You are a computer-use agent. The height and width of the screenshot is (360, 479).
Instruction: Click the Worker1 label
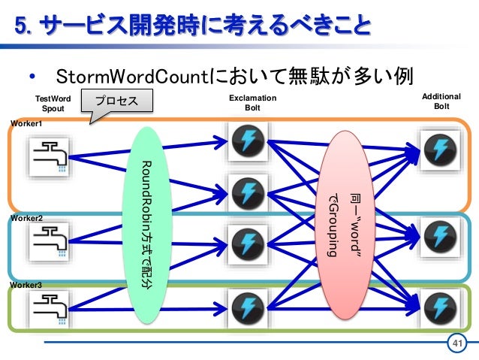(26, 123)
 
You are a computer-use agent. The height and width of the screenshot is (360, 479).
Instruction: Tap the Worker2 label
(26, 218)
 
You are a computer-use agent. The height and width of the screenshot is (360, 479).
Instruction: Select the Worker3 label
(26, 285)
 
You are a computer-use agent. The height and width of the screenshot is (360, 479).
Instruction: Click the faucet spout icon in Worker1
(49, 157)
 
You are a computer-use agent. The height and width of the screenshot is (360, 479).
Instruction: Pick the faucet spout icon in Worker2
(49, 241)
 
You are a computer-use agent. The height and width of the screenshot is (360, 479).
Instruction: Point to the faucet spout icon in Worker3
(49, 308)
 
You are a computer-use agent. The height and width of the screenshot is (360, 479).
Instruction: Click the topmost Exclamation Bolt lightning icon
(248, 141)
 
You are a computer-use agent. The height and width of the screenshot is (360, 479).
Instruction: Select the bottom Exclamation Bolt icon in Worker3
(248, 308)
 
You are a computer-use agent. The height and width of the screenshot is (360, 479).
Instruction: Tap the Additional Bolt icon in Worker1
(440, 150)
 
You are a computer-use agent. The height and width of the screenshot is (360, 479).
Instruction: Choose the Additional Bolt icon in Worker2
(440, 237)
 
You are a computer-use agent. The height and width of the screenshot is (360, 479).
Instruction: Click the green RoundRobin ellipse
(147, 225)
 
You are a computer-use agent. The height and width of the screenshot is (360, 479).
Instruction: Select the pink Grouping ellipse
(345, 225)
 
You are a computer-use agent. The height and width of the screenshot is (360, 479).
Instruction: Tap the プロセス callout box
(117, 101)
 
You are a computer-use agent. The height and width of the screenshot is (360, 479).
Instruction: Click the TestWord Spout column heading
(53, 104)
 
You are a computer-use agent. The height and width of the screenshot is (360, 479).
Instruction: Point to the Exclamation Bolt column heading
(252, 103)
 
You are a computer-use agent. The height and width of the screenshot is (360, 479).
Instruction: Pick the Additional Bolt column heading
(441, 101)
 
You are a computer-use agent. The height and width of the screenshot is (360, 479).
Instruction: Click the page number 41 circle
(457, 343)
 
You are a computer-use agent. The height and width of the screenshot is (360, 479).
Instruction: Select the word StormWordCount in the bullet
(132, 77)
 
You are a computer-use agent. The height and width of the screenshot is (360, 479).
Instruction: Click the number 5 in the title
(20, 26)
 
